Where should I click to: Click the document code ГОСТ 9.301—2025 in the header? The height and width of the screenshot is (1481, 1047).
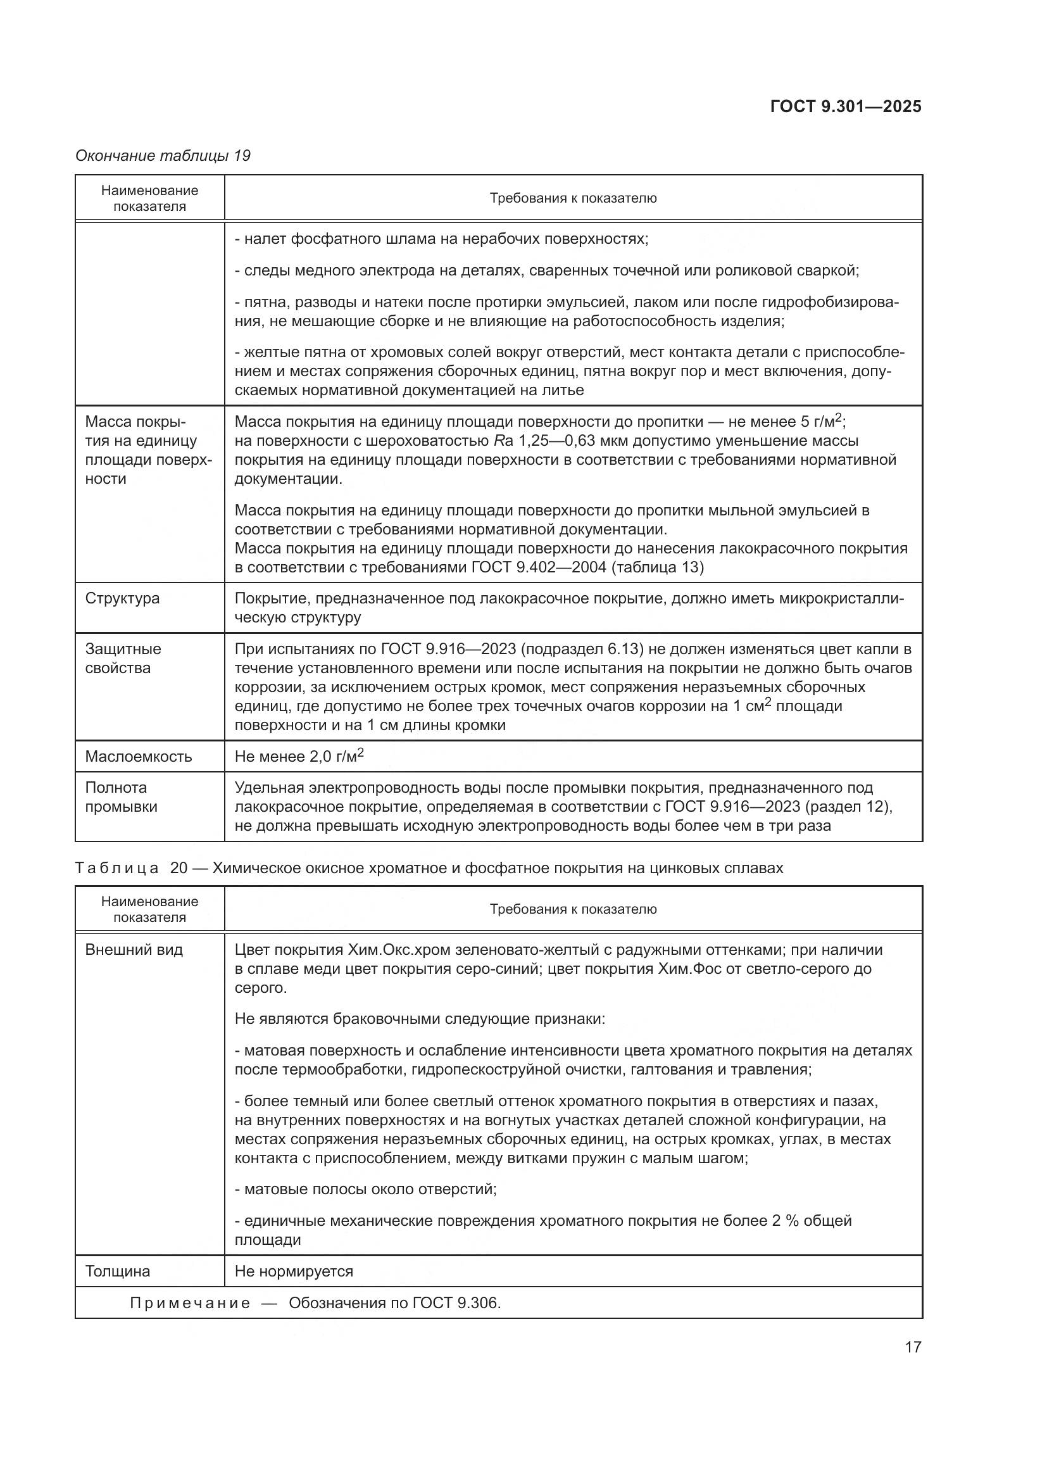pyautogui.click(x=845, y=106)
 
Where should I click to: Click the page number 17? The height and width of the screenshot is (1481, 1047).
pyautogui.click(x=913, y=1347)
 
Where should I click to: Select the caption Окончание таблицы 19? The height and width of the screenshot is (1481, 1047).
pyautogui.click(x=163, y=156)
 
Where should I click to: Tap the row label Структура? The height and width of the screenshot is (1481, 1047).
pyautogui.click(x=122, y=598)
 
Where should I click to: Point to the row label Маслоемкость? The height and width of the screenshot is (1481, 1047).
pyautogui.click(x=138, y=756)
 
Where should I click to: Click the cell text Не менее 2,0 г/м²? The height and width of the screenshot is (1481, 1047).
pyautogui.click(x=299, y=756)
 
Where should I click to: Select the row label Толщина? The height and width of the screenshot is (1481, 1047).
pyautogui.click(x=117, y=1271)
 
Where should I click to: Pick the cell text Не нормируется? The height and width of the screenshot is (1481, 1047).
pyautogui.click(x=293, y=1271)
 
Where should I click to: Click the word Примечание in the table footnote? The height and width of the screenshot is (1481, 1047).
pyautogui.click(x=190, y=1303)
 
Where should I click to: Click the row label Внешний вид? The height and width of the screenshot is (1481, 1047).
pyautogui.click(x=134, y=950)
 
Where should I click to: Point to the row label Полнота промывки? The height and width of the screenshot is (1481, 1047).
pyautogui.click(x=120, y=797)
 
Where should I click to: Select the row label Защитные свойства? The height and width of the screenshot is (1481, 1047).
pyautogui.click(x=123, y=658)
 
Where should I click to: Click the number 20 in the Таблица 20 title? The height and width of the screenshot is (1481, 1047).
pyautogui.click(x=179, y=868)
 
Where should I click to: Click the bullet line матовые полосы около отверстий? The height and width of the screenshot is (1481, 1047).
pyautogui.click(x=365, y=1189)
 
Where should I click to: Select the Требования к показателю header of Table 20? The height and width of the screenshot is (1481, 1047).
pyautogui.click(x=572, y=909)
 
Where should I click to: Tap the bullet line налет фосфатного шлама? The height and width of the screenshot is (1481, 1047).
pyautogui.click(x=441, y=239)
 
